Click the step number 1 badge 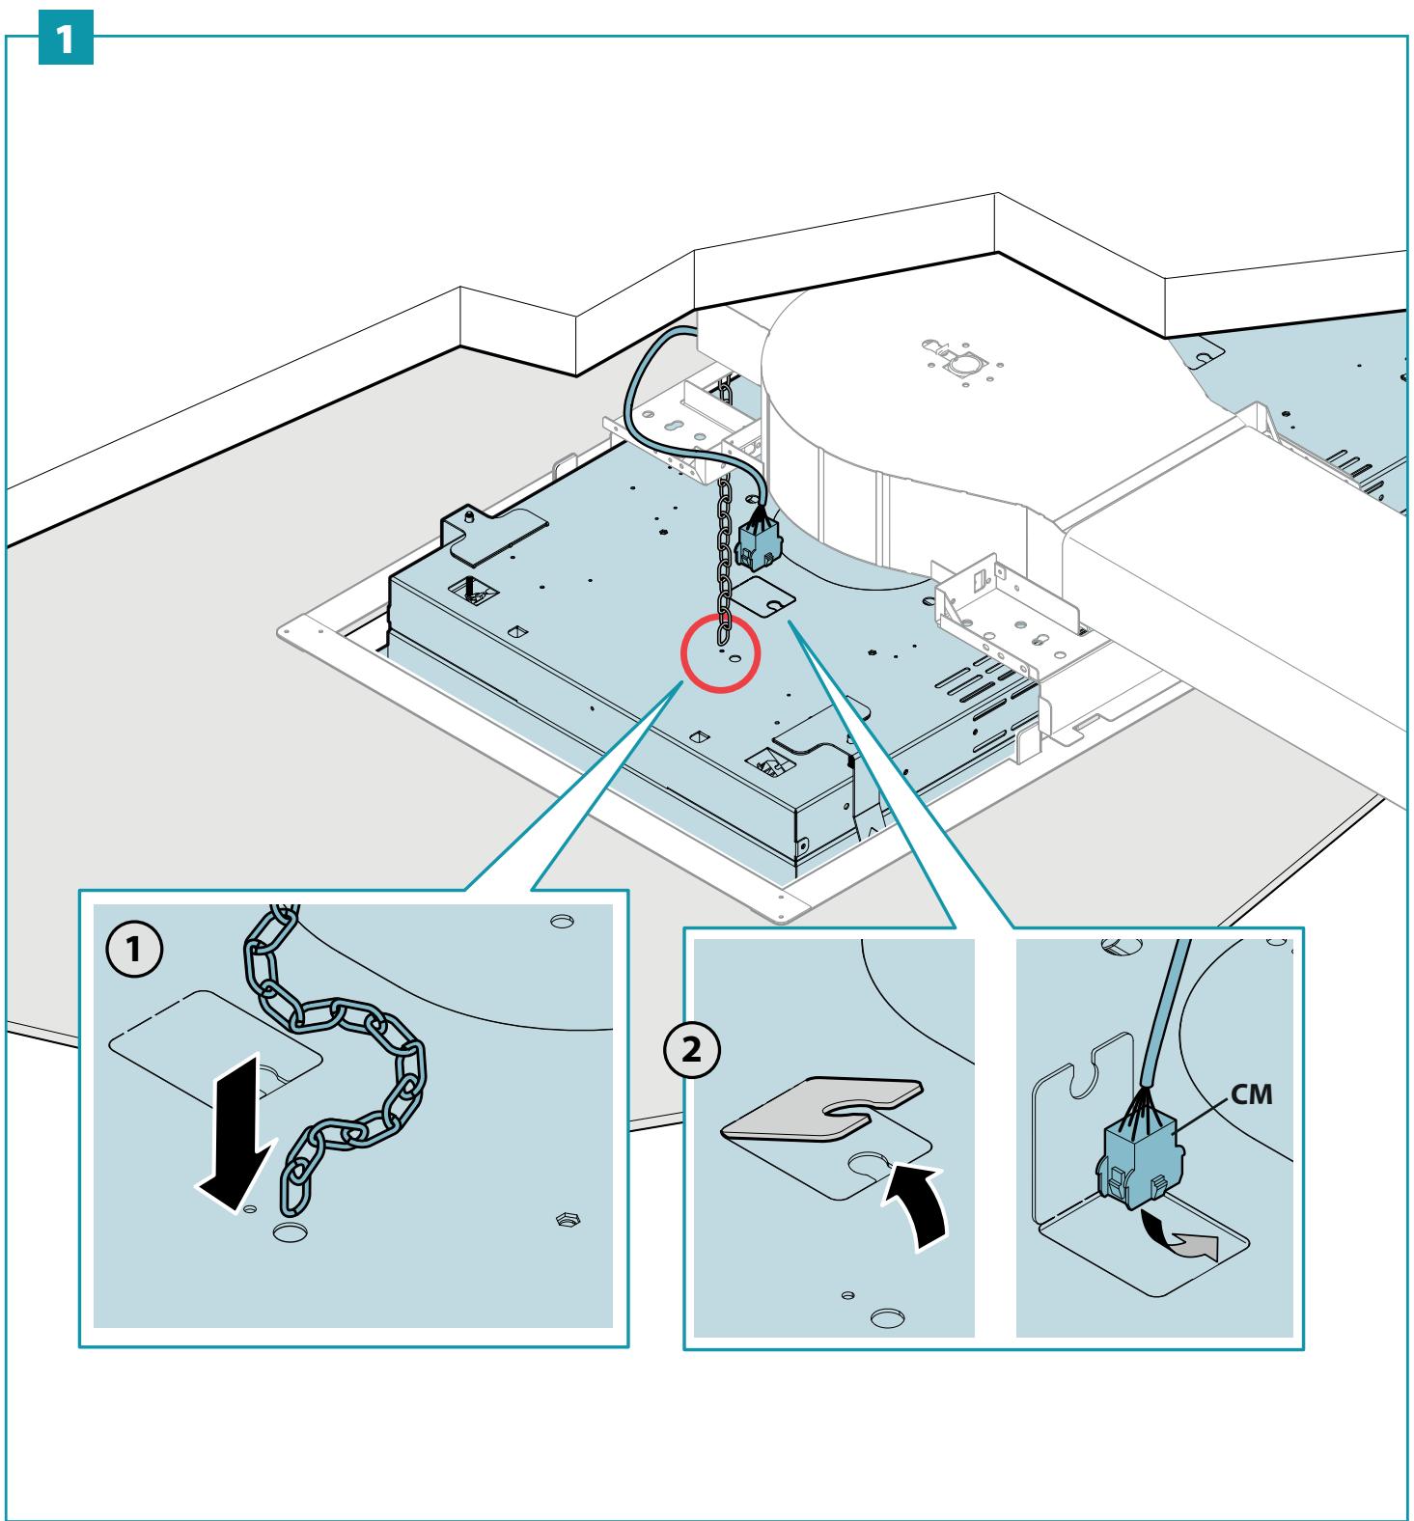point(66,38)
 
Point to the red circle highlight point(721,653)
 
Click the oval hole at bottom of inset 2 point(885,1317)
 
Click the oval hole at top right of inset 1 point(558,920)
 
